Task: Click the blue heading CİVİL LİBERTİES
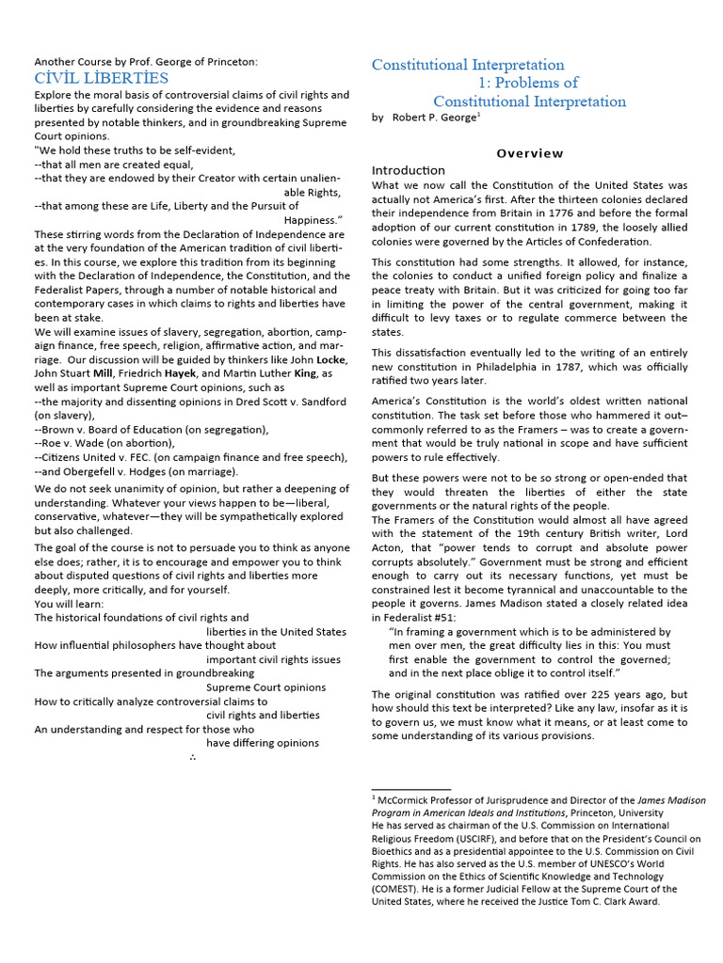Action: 102,78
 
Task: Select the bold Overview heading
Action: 530,153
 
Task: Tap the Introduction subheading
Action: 409,170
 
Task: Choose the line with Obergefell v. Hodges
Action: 137,471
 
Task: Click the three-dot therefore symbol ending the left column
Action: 192,756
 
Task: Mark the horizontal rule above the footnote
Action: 410,788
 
